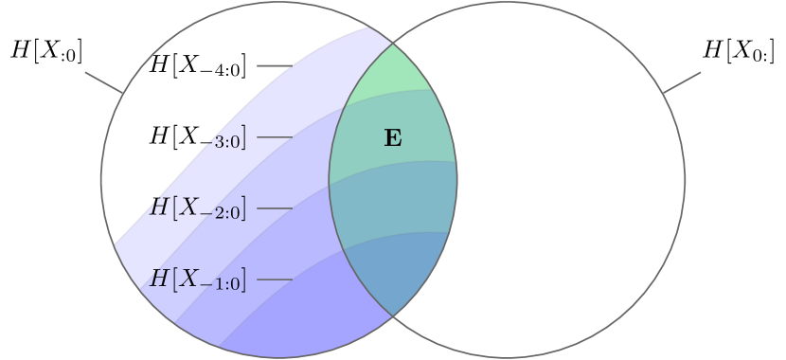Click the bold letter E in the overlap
(392, 138)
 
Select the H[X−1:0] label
(199, 279)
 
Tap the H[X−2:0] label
(199, 208)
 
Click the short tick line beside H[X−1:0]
(274, 279)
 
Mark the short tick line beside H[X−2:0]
(274, 208)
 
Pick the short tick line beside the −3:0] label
(274, 137)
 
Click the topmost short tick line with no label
(274, 66)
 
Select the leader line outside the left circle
(103, 82)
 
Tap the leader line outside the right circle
(682, 82)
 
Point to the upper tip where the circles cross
(393, 44)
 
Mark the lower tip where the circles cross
(393, 315)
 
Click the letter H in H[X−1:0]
(160, 279)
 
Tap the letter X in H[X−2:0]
(190, 207)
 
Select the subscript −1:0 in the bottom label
(222, 284)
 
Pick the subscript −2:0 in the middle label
(222, 213)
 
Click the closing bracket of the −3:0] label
(244, 139)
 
